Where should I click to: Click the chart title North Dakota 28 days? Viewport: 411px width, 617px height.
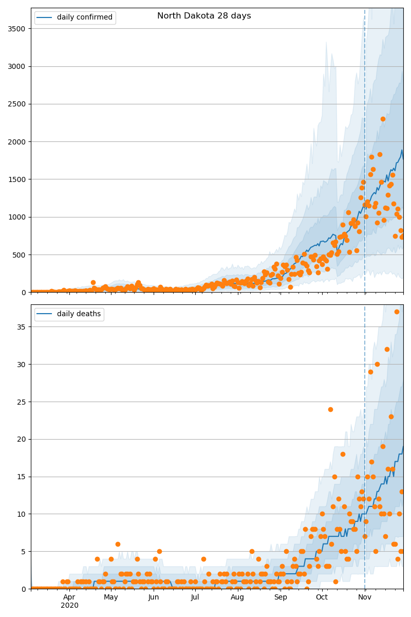pos(204,16)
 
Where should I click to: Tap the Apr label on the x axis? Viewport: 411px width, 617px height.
pos(69,597)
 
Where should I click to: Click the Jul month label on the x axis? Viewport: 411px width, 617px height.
pos(195,597)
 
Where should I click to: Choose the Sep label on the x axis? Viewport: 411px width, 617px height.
pos(281,597)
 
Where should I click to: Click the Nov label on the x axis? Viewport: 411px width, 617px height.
pos(365,597)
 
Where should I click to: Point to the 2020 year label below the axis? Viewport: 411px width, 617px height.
pos(69,606)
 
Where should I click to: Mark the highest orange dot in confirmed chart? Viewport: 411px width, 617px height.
pos(383,119)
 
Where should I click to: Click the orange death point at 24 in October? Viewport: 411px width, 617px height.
pos(330,409)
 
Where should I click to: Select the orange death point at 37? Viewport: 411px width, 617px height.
pos(397,312)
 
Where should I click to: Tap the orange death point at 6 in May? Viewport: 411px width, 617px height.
pos(118,544)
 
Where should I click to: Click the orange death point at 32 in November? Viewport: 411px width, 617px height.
pos(387,349)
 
